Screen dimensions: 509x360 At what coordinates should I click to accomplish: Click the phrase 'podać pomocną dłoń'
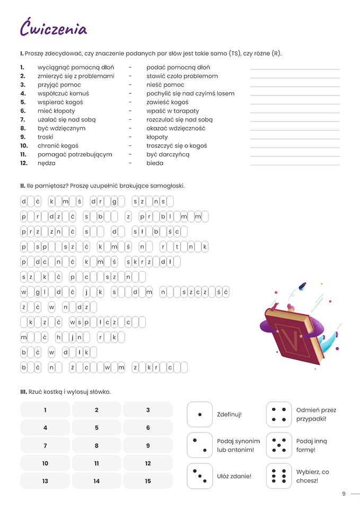178,67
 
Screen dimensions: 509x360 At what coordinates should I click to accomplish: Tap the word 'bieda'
155,163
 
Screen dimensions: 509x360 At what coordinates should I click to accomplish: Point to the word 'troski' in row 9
46,137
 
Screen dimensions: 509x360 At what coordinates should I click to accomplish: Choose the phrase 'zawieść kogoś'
167,102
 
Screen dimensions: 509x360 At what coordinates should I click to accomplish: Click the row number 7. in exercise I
23,120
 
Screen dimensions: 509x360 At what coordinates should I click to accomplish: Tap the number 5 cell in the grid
96,428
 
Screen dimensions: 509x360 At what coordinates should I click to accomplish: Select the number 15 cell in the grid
148,481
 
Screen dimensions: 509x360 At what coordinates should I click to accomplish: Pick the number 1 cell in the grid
45,410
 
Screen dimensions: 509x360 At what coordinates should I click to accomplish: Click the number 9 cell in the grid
148,446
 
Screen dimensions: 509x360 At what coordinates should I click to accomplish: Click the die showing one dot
199,414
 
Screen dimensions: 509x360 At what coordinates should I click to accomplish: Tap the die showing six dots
279,476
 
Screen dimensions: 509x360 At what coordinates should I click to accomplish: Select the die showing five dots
279,445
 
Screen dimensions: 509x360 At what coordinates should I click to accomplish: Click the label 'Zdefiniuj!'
229,414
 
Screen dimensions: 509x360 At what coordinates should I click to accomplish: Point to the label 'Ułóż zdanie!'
234,476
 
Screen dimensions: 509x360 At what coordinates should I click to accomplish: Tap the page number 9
344,494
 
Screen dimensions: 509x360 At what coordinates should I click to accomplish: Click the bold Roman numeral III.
23,392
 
